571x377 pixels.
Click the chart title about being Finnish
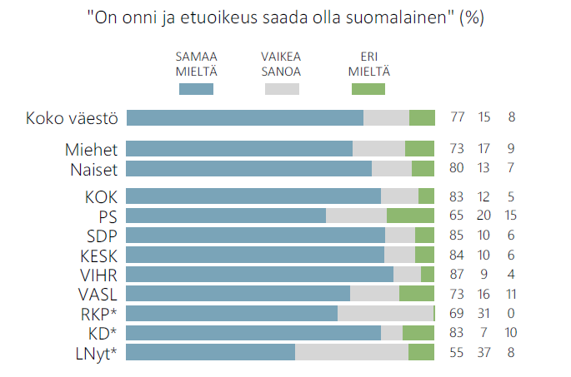pyautogui.click(x=286, y=17)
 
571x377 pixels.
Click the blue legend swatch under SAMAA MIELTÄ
pyautogui.click(x=196, y=88)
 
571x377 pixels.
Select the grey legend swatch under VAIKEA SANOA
pyautogui.click(x=281, y=88)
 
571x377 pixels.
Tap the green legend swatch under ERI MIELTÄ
pyautogui.click(x=368, y=88)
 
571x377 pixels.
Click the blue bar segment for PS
pyautogui.click(x=225, y=216)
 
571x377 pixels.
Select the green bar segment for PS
pyautogui.click(x=410, y=216)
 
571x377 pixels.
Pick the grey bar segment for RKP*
pyautogui.click(x=385, y=313)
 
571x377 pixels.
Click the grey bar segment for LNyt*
pyautogui.click(x=352, y=352)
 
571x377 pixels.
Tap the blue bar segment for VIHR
pyautogui.click(x=259, y=274)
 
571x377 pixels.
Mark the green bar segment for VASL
pyautogui.click(x=417, y=294)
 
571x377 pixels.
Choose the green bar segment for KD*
pyautogui.click(x=418, y=333)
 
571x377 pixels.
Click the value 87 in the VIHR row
pyautogui.click(x=457, y=274)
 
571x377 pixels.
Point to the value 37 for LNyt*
pyautogui.click(x=484, y=352)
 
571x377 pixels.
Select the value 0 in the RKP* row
pyautogui.click(x=511, y=313)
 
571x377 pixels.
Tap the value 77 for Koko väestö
pyautogui.click(x=457, y=117)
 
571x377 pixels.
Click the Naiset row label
pyautogui.click(x=93, y=169)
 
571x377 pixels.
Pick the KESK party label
pyautogui.click(x=99, y=255)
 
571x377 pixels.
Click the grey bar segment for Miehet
pyautogui.click(x=378, y=149)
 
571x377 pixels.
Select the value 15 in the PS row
pyautogui.click(x=511, y=216)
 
